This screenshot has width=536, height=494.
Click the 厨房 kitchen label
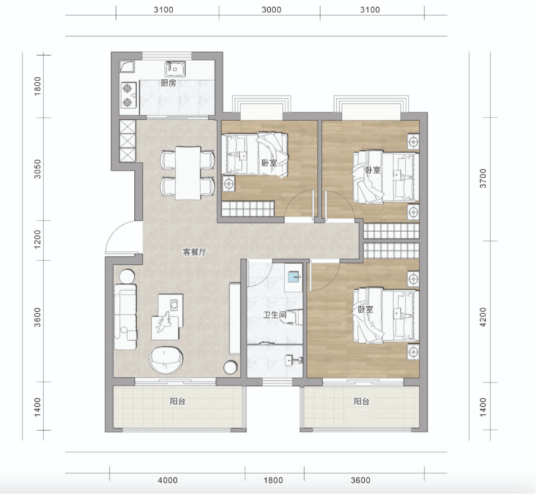point(168,83)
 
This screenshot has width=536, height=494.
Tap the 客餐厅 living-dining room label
point(195,252)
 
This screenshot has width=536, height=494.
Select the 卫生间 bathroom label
point(275,314)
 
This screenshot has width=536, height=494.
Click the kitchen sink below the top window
point(175,69)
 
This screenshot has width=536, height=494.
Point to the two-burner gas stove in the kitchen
point(128,95)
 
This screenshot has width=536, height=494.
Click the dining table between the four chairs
point(188,173)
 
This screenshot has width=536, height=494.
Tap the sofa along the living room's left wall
point(125,316)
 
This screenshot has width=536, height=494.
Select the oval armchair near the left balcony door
point(165,361)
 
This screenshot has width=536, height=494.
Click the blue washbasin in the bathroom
point(293,276)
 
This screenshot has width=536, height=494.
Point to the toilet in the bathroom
point(294,317)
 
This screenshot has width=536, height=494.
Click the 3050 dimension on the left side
point(38,169)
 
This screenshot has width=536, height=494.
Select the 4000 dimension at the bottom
point(167,480)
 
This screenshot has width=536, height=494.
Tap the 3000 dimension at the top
point(272,9)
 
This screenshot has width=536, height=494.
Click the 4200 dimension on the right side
point(482,317)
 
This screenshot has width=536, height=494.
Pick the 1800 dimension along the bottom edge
point(273,480)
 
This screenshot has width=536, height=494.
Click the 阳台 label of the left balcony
point(177,401)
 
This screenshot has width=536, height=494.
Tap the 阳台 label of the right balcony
point(361,401)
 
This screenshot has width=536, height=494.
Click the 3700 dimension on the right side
point(482,178)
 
